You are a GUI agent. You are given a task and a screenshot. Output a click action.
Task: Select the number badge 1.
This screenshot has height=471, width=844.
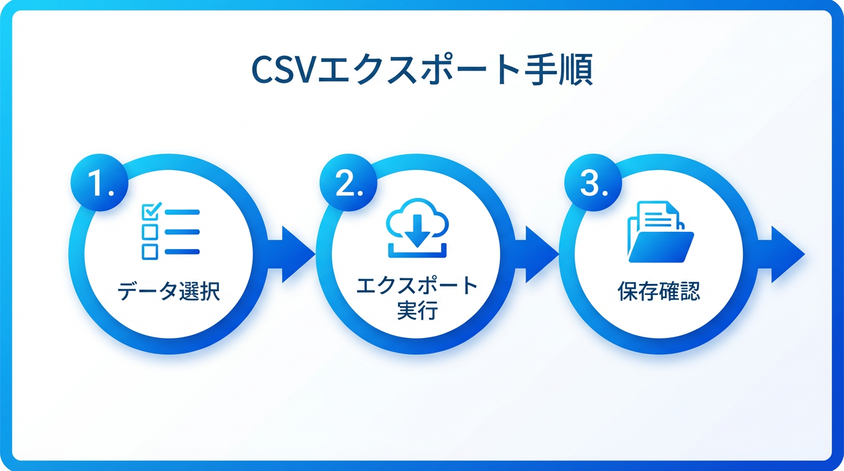pos(99,183)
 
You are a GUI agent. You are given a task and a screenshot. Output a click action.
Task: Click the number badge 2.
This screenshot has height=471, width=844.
pos(346,183)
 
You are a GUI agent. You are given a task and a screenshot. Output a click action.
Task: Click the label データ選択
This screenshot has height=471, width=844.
pos(169,291)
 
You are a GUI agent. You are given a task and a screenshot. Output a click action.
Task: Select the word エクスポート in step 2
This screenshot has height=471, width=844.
pos(416,285)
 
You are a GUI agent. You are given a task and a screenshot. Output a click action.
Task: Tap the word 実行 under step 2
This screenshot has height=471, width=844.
pos(416,310)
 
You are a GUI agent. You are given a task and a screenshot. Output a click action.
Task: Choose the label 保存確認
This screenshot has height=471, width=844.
pos(658,291)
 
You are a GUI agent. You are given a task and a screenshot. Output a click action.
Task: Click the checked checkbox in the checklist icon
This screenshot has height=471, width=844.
pos(150,212)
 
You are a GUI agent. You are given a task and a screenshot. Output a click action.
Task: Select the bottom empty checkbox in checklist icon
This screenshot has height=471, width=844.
pos(150,251)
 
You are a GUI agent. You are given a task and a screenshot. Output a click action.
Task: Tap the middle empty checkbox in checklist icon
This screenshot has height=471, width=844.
pos(150,232)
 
